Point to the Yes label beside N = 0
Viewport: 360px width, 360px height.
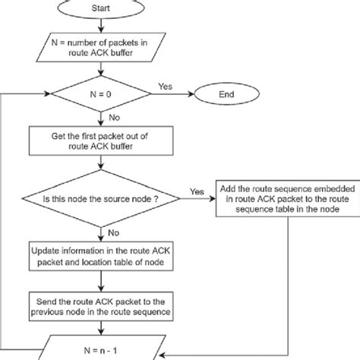[x=163, y=86]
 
